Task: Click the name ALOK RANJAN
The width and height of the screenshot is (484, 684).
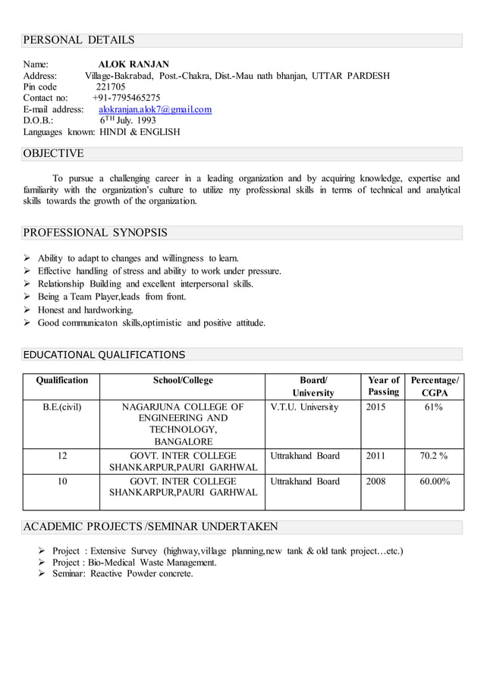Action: pyautogui.click(x=134, y=64)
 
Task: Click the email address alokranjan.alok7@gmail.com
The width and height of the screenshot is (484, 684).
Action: pyautogui.click(x=155, y=109)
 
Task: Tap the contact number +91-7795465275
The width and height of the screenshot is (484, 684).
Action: pyautogui.click(x=126, y=98)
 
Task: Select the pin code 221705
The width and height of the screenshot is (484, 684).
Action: pyautogui.click(x=111, y=86)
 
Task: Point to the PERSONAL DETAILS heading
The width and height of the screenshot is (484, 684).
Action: pyautogui.click(x=79, y=40)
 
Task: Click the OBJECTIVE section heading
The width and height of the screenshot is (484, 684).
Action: pyautogui.click(x=54, y=154)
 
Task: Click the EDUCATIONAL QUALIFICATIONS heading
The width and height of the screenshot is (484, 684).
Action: pyautogui.click(x=104, y=354)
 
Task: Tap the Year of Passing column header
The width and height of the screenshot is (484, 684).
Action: pyautogui.click(x=383, y=386)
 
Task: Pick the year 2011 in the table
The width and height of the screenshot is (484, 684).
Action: pyautogui.click(x=376, y=456)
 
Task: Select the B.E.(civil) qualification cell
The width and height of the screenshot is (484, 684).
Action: pyautogui.click(x=61, y=407)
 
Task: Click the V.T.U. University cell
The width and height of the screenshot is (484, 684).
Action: pyautogui.click(x=304, y=407)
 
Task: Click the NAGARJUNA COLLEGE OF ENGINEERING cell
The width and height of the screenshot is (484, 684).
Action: pyautogui.click(x=182, y=424)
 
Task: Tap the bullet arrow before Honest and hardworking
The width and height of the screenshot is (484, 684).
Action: pyautogui.click(x=28, y=310)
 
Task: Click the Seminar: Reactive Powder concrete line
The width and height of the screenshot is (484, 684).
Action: pyautogui.click(x=122, y=573)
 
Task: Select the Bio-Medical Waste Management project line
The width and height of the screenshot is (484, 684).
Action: pyautogui.click(x=134, y=562)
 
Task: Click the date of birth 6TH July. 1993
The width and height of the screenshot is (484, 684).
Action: pyautogui.click(x=128, y=120)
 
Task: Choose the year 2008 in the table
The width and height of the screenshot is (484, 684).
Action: pyautogui.click(x=376, y=482)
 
